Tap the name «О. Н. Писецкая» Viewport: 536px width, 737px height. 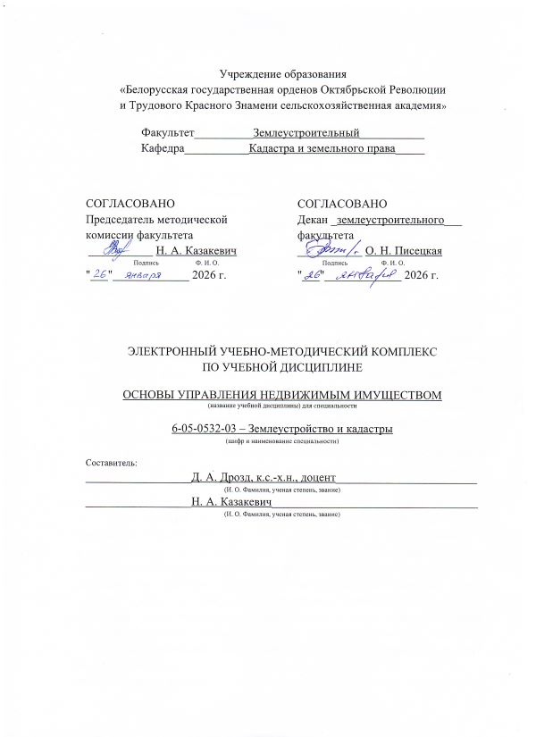[404, 252]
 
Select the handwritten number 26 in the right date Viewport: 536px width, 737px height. [313, 276]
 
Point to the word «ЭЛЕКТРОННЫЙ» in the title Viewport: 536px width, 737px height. [177, 351]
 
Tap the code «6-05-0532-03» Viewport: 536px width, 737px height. [209, 429]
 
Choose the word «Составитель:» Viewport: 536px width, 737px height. [112, 463]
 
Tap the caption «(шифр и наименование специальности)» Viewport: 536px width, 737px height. [282, 441]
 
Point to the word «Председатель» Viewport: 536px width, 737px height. [119, 219]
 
